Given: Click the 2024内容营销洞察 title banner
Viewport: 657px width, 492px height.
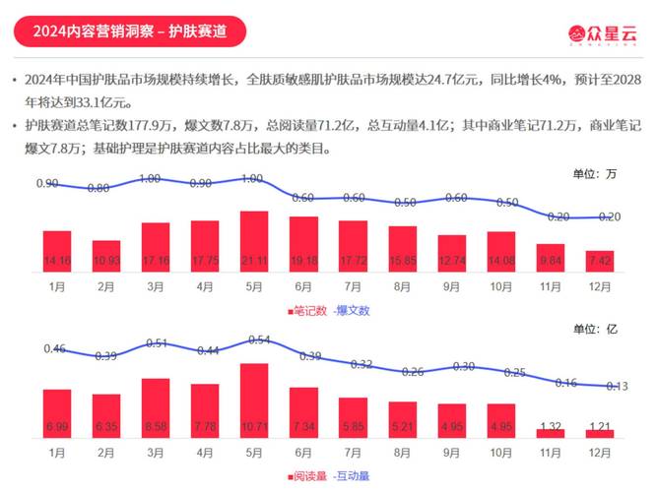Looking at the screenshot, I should click(x=129, y=31).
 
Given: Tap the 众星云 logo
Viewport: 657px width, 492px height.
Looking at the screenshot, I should click(x=601, y=32).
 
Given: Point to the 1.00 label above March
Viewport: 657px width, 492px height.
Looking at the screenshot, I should click(x=150, y=178).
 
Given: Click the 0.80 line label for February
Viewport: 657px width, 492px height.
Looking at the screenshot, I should click(x=99, y=188).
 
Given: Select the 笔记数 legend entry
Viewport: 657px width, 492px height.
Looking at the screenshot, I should click(x=309, y=311).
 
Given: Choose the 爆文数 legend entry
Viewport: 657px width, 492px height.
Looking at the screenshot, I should click(x=352, y=311).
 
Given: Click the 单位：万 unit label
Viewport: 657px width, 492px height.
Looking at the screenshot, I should click(x=594, y=174).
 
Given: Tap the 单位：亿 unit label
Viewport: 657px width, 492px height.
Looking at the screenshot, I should click(x=594, y=330).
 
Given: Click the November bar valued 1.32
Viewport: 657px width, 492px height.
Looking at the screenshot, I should click(x=551, y=431).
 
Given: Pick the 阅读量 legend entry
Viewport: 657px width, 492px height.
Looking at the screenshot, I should click(x=309, y=476).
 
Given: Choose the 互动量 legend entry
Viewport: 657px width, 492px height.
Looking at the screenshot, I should click(x=352, y=476).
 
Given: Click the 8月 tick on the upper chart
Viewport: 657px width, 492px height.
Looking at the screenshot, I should click(x=402, y=287).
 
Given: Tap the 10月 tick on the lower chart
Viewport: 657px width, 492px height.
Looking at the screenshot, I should click(x=500, y=453).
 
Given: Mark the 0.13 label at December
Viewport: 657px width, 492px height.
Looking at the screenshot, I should click(x=617, y=386).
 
